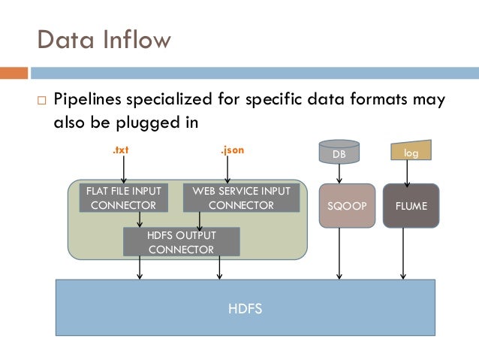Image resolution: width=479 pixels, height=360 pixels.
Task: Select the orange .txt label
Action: pyautogui.click(x=120, y=150)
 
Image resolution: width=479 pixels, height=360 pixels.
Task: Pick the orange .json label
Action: pyautogui.click(x=232, y=150)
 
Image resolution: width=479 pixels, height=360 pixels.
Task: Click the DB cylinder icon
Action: pyautogui.click(x=339, y=153)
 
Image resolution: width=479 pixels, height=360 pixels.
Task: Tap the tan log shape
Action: pyautogui.click(x=411, y=152)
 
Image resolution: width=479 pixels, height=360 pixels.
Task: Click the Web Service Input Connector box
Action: pyautogui.click(x=241, y=198)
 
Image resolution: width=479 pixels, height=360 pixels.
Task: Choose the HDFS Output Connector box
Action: pyautogui.click(x=181, y=242)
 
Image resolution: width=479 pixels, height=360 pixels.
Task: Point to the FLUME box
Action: pyautogui.click(x=411, y=205)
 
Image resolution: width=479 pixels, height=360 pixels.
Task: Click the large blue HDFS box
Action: pyautogui.click(x=246, y=307)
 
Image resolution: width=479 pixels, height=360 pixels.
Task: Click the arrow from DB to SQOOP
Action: pyautogui.click(x=340, y=174)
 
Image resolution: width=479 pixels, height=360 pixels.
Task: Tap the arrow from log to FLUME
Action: pyautogui.click(x=408, y=174)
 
